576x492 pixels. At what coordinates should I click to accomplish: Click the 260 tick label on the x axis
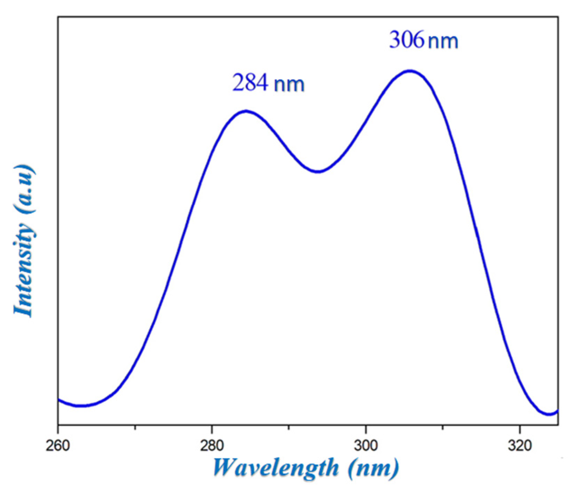[58, 446]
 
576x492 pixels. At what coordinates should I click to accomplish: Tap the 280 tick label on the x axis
[211, 446]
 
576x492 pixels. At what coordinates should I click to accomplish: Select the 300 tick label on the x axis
[366, 446]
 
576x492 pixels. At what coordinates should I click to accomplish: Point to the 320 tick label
[519, 446]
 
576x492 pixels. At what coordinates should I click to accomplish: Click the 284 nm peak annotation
[268, 84]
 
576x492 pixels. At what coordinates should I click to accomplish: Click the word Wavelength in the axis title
[276, 468]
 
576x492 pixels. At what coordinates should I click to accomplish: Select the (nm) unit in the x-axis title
[373, 468]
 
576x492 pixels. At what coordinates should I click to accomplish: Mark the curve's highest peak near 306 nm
[410, 71]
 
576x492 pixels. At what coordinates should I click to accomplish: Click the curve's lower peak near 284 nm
[246, 111]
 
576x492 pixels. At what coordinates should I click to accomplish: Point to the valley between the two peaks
[318, 171]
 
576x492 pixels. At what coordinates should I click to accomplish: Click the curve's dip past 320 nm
[549, 414]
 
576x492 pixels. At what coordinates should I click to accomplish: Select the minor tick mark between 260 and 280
[135, 427]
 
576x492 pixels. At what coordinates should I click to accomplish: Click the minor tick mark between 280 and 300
[289, 427]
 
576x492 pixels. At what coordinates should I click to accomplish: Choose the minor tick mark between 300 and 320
[442, 427]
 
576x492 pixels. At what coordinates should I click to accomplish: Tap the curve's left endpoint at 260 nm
[58, 399]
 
